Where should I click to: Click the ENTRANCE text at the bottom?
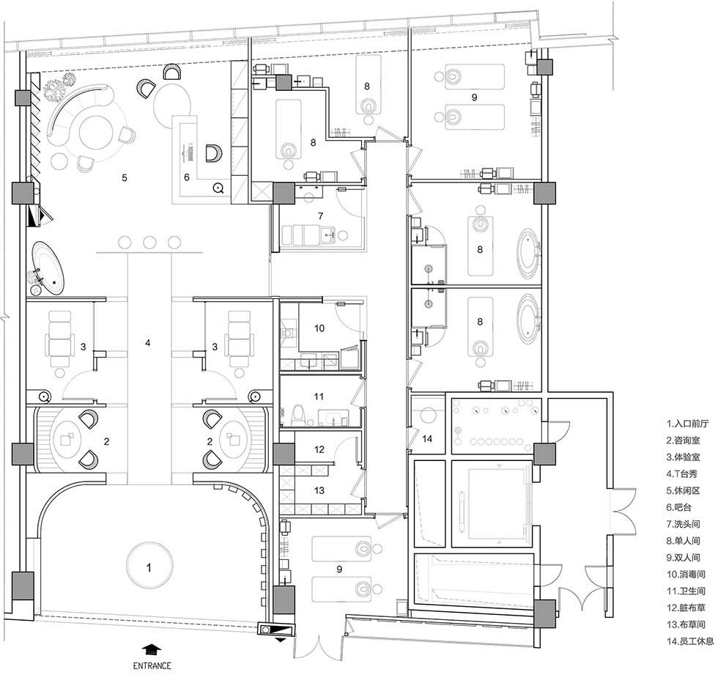(152, 665)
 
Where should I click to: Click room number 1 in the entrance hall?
(148, 568)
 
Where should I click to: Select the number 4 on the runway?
(147, 342)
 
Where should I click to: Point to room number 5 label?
(125, 177)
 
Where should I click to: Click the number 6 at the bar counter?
(186, 177)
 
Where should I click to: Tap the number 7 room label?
(321, 215)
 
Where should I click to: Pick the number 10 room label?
(319, 328)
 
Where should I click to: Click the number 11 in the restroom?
(319, 396)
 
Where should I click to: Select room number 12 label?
(319, 449)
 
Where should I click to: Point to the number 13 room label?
(319, 490)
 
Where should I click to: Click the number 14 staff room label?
(427, 439)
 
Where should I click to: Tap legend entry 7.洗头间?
(683, 524)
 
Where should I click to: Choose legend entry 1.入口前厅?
(687, 424)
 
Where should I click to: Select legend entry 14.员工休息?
(689, 641)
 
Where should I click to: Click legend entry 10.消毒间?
(686, 575)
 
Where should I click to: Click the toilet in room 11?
(297, 414)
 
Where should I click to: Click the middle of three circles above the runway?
(149, 243)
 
